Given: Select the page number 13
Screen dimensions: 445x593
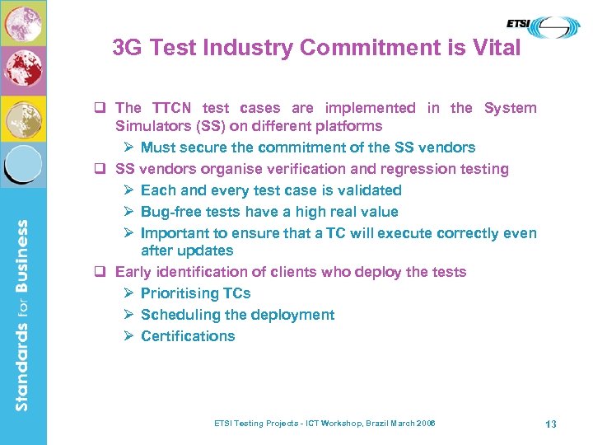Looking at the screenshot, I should (551, 424).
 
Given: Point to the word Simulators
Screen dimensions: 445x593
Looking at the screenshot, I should (152, 126).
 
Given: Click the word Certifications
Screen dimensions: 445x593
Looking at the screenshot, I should (188, 336).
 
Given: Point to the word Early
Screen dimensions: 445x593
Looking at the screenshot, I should (134, 272).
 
